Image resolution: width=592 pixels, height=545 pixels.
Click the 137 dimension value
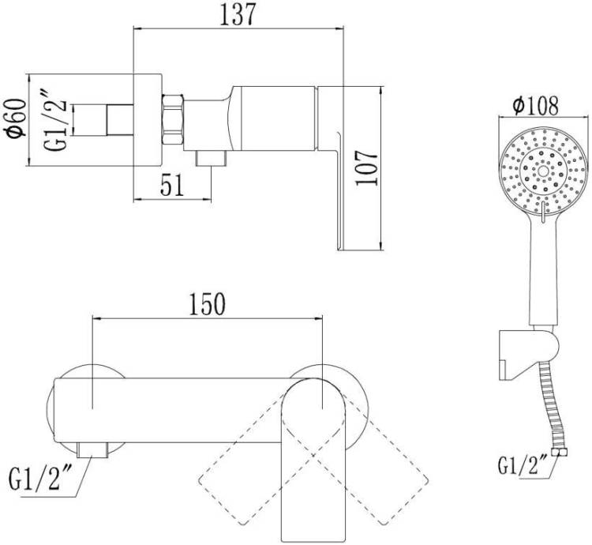coord(238,14)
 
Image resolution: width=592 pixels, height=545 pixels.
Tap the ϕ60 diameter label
coord(15,118)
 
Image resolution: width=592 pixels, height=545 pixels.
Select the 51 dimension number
coord(172,185)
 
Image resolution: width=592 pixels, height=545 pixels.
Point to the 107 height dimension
coord(366,168)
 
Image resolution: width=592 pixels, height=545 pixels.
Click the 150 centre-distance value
coord(207,304)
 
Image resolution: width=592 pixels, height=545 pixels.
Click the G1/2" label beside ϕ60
coord(57,121)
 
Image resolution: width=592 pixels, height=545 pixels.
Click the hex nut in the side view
coord(173,119)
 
